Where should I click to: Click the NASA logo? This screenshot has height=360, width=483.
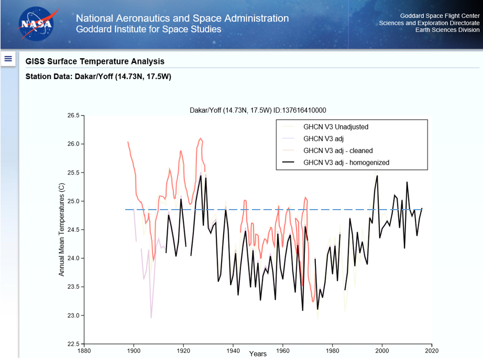click(x=36, y=24)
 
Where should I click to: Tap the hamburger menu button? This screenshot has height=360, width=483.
click(x=8, y=59)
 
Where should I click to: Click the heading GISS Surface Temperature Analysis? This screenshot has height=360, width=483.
click(x=95, y=62)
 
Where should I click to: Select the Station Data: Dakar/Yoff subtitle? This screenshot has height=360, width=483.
click(x=98, y=77)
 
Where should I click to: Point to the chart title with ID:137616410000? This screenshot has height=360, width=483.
click(x=258, y=110)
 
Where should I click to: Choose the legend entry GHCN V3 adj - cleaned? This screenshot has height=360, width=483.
click(x=338, y=151)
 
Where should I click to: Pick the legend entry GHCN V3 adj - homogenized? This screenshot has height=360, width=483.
click(x=346, y=162)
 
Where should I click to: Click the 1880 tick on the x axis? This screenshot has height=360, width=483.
click(x=84, y=351)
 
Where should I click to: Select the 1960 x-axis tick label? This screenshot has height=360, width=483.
click(x=283, y=351)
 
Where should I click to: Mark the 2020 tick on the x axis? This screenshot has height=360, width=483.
click(x=432, y=351)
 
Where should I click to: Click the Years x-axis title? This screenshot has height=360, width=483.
click(x=258, y=354)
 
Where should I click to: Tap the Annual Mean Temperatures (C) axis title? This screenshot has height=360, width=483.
click(x=61, y=229)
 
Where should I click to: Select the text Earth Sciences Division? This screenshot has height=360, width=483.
click(x=447, y=30)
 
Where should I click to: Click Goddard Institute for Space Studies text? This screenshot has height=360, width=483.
click(x=148, y=29)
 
